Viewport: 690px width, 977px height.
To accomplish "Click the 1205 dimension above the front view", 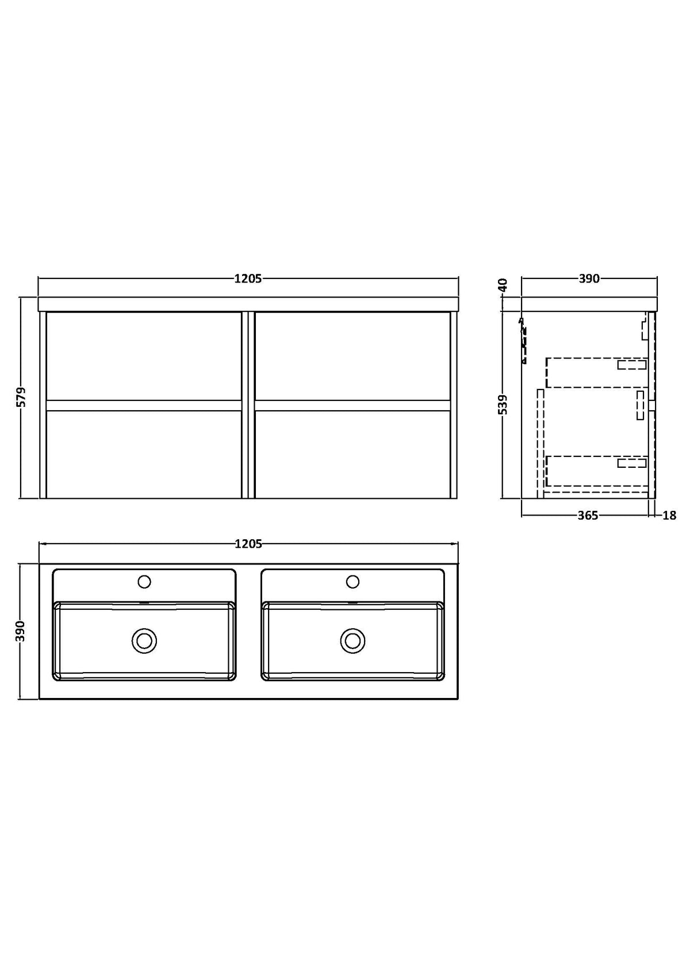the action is pos(248,278).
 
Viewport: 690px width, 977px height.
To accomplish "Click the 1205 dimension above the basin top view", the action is pos(248,544).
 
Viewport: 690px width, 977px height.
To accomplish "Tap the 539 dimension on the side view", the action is pos(503,404).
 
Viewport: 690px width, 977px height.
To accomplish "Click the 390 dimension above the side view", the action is pos(589,278).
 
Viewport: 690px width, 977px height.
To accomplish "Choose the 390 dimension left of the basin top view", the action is pos(21,631).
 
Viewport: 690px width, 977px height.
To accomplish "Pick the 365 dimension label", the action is pos(588,516).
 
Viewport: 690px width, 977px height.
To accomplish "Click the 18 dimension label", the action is pos(669,516).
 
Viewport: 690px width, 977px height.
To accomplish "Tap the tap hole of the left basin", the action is pos(144,581).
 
